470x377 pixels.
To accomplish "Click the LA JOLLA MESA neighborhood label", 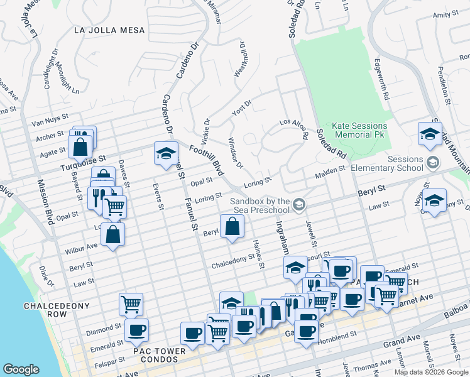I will click(109, 30).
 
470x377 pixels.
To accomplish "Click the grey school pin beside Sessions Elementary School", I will click(432, 163).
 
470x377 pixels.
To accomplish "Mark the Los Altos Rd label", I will click(294, 128).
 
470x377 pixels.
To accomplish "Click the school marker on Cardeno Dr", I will click(166, 153).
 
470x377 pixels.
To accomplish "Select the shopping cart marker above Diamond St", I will click(131, 304).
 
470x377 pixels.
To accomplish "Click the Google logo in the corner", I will click(21, 369).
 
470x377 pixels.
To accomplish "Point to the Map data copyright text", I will click(431, 372).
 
